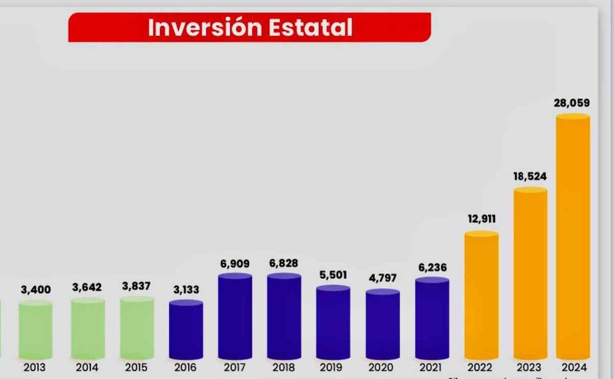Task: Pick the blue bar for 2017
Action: pyautogui.click(x=235, y=316)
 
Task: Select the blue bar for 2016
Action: pyautogui.click(x=186, y=329)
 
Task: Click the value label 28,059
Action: pyautogui.click(x=572, y=103)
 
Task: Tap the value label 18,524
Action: pyautogui.click(x=530, y=177)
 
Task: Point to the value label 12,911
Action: pyautogui.click(x=482, y=219)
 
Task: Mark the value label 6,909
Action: pyautogui.click(x=235, y=264)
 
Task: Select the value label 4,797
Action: pyautogui.click(x=383, y=278)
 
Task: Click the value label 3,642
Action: pyautogui.click(x=87, y=287)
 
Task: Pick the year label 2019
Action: pyautogui.click(x=331, y=368)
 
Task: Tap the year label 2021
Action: pyautogui.click(x=431, y=368)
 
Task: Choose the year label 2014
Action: pyautogui.click(x=87, y=368)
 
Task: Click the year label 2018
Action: pyautogui.click(x=283, y=368)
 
